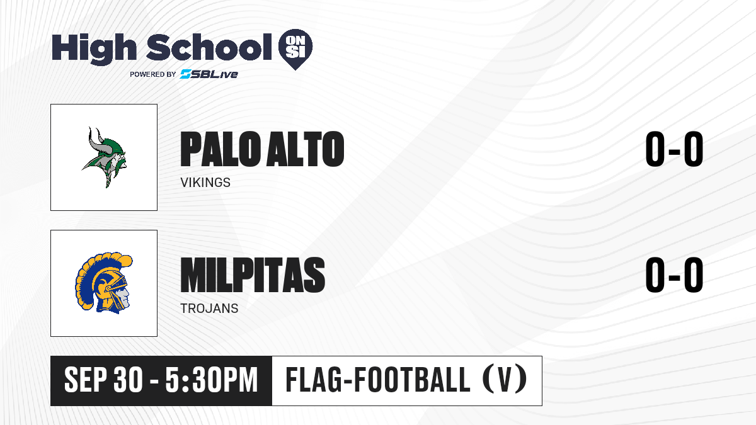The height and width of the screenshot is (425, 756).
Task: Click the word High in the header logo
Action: point(94,49)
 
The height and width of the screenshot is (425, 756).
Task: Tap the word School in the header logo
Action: point(209,47)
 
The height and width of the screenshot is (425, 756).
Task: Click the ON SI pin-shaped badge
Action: point(295,49)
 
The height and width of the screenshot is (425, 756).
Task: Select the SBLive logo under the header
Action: point(209,74)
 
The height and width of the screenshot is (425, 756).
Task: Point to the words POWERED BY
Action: point(153,74)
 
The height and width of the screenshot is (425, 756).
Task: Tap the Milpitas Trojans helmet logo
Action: point(104,283)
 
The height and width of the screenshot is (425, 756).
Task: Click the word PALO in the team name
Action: point(220,149)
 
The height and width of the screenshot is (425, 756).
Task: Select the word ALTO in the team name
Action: point(305,149)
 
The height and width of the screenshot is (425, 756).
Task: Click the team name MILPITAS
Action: point(253,275)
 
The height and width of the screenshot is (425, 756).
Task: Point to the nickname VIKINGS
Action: point(205,183)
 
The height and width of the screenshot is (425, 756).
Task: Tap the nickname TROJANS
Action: point(209,309)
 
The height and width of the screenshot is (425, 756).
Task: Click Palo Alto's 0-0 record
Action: point(674,149)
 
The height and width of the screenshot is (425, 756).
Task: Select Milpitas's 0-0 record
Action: point(674,275)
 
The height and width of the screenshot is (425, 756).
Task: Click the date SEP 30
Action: point(103,380)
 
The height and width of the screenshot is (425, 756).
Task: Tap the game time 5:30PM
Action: point(212,380)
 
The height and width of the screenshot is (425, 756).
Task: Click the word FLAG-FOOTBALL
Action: point(377,380)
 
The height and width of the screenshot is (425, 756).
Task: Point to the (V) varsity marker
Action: point(505,380)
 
